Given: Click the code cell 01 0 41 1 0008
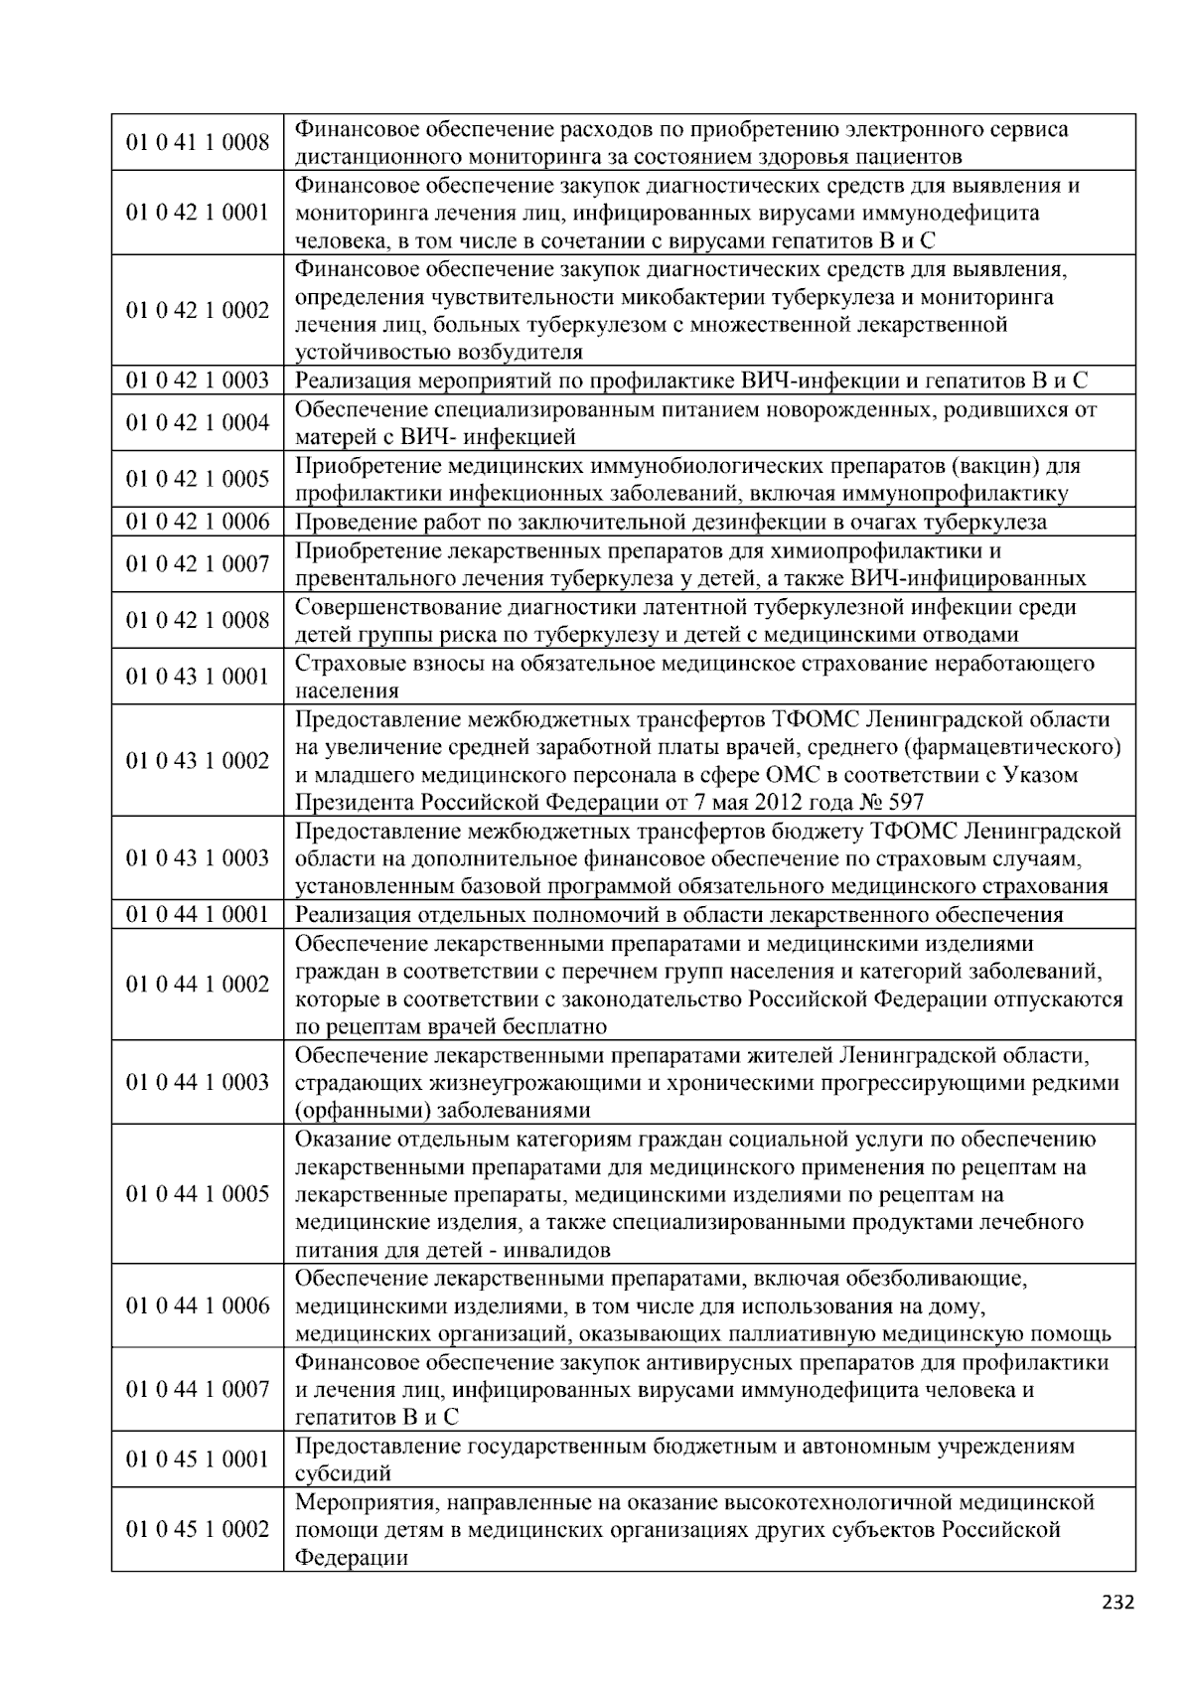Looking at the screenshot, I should (x=197, y=143).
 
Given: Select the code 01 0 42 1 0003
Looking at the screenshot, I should (x=197, y=381).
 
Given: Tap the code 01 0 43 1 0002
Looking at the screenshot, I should (x=197, y=761).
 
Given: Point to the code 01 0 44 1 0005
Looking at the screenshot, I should (x=197, y=1194).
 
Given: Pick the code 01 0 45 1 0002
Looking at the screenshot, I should (x=197, y=1529).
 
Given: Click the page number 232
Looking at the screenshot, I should (x=1117, y=1602).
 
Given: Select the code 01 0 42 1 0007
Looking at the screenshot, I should (x=197, y=564).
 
